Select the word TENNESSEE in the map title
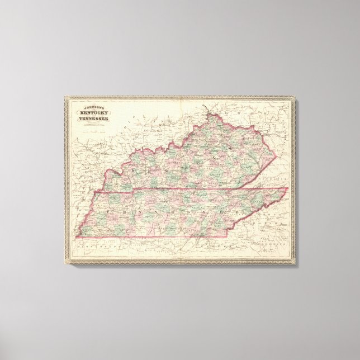[x=93, y=118]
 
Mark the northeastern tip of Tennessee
[x=288, y=188]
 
